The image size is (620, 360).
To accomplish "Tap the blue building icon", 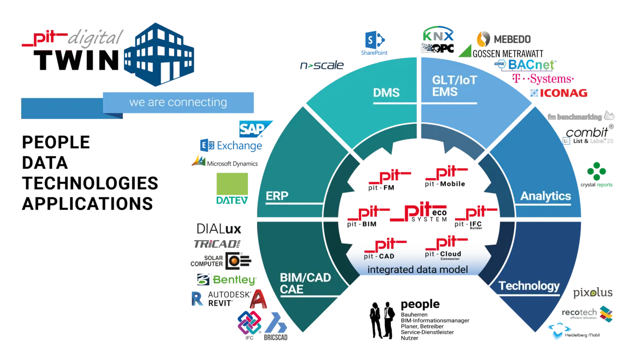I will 157,53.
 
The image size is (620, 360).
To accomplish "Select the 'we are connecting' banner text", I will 178,102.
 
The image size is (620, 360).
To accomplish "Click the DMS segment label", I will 386,92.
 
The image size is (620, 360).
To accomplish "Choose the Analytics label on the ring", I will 545,196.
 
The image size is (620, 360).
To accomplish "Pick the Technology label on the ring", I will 529,286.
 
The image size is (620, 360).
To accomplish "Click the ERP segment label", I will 277,196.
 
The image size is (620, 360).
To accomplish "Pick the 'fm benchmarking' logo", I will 581,117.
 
